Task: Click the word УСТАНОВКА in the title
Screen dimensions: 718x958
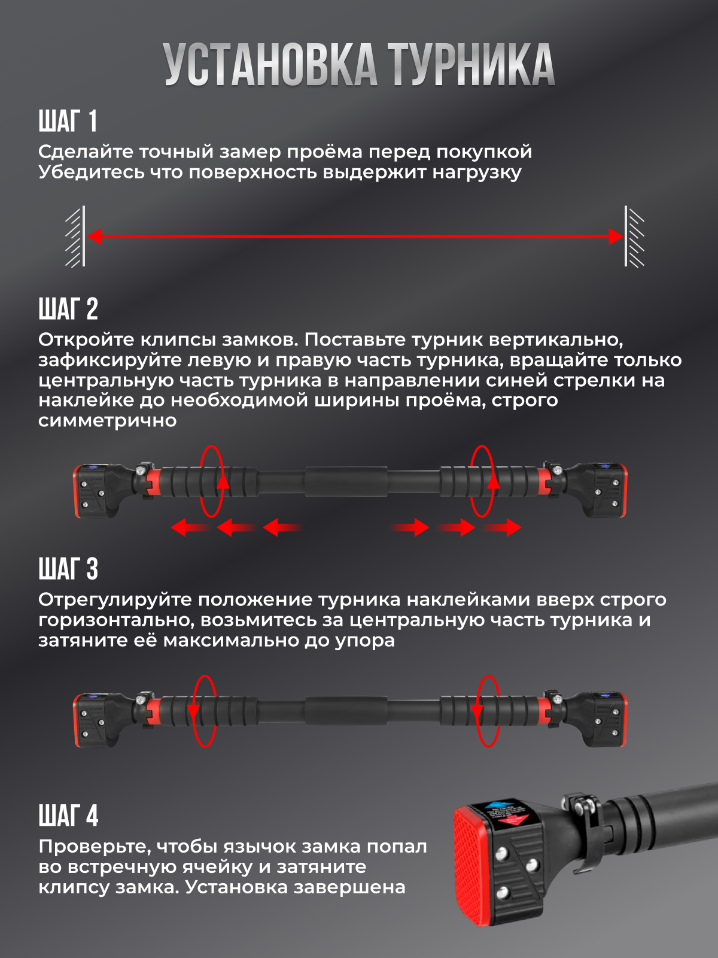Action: click(270, 65)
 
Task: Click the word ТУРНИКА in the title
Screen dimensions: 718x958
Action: click(471, 65)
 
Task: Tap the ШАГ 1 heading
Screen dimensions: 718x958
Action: click(68, 121)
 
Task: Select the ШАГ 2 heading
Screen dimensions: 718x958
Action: click(68, 309)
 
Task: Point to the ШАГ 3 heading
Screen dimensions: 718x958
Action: click(68, 569)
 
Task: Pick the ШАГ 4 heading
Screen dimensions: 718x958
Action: click(68, 815)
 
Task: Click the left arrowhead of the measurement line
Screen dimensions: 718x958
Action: click(94, 237)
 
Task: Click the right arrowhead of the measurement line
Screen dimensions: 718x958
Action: click(616, 237)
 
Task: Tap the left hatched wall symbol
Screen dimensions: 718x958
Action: click(75, 236)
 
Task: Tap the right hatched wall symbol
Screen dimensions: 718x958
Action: click(634, 236)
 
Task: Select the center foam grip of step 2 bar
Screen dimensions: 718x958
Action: click(346, 481)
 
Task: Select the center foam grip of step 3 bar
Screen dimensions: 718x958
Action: click(346, 711)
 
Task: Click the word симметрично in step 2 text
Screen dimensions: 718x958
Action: click(107, 421)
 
